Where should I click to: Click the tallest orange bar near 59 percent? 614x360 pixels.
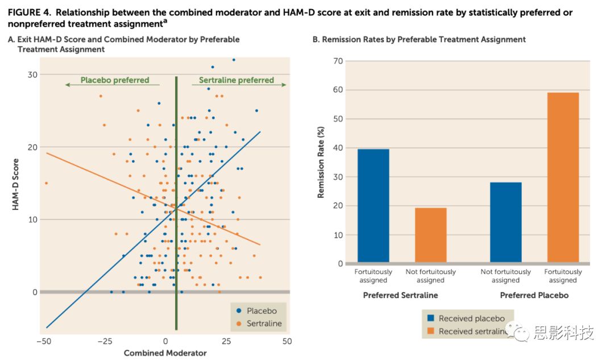(x=563, y=177)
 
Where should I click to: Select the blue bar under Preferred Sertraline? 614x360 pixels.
(x=373, y=206)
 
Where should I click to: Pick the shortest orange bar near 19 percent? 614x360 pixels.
(x=430, y=235)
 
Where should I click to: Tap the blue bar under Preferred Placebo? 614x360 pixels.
(x=505, y=222)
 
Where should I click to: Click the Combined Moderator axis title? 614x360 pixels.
(x=165, y=353)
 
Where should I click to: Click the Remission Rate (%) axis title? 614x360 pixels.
(x=321, y=162)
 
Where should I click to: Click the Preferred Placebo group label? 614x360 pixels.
(x=534, y=295)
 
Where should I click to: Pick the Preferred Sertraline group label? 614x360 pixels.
(x=400, y=295)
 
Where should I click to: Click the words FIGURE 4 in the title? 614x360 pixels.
(x=28, y=13)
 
